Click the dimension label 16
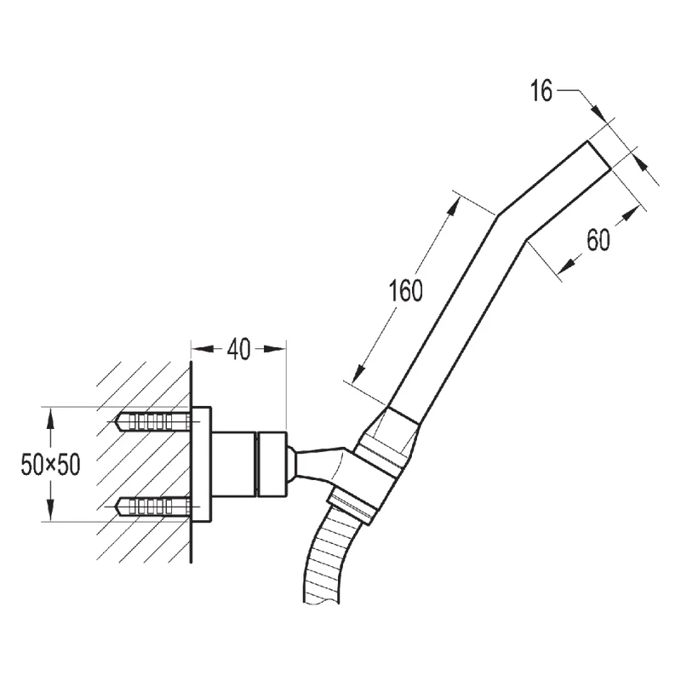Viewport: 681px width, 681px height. pos(541,92)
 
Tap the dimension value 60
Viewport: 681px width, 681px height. pos(598,241)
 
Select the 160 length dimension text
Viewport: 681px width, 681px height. pos(405,292)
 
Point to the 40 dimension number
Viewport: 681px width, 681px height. pos(238,350)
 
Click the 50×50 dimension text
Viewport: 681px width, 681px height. pos(50,465)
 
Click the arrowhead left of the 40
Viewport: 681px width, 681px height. pos(197,348)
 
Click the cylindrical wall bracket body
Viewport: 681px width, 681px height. pos(247,464)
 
